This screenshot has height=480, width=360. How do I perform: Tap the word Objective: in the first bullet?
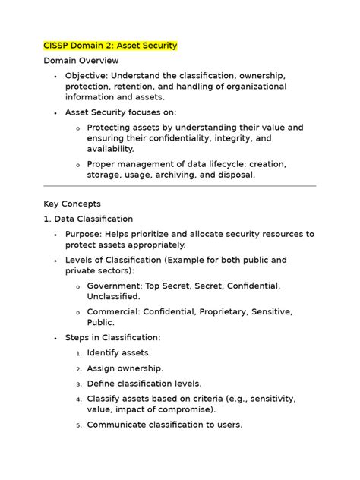pyautogui.click(x=89, y=77)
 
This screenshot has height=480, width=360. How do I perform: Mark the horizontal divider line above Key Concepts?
pyautogui.click(x=180, y=186)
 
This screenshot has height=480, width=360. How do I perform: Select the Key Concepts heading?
pyautogui.click(x=72, y=204)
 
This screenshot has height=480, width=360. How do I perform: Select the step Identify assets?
pyautogui.click(x=118, y=352)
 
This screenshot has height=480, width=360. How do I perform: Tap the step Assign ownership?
pyautogui.click(x=124, y=368)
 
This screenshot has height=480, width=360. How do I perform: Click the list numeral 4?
pyautogui.click(x=78, y=399)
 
